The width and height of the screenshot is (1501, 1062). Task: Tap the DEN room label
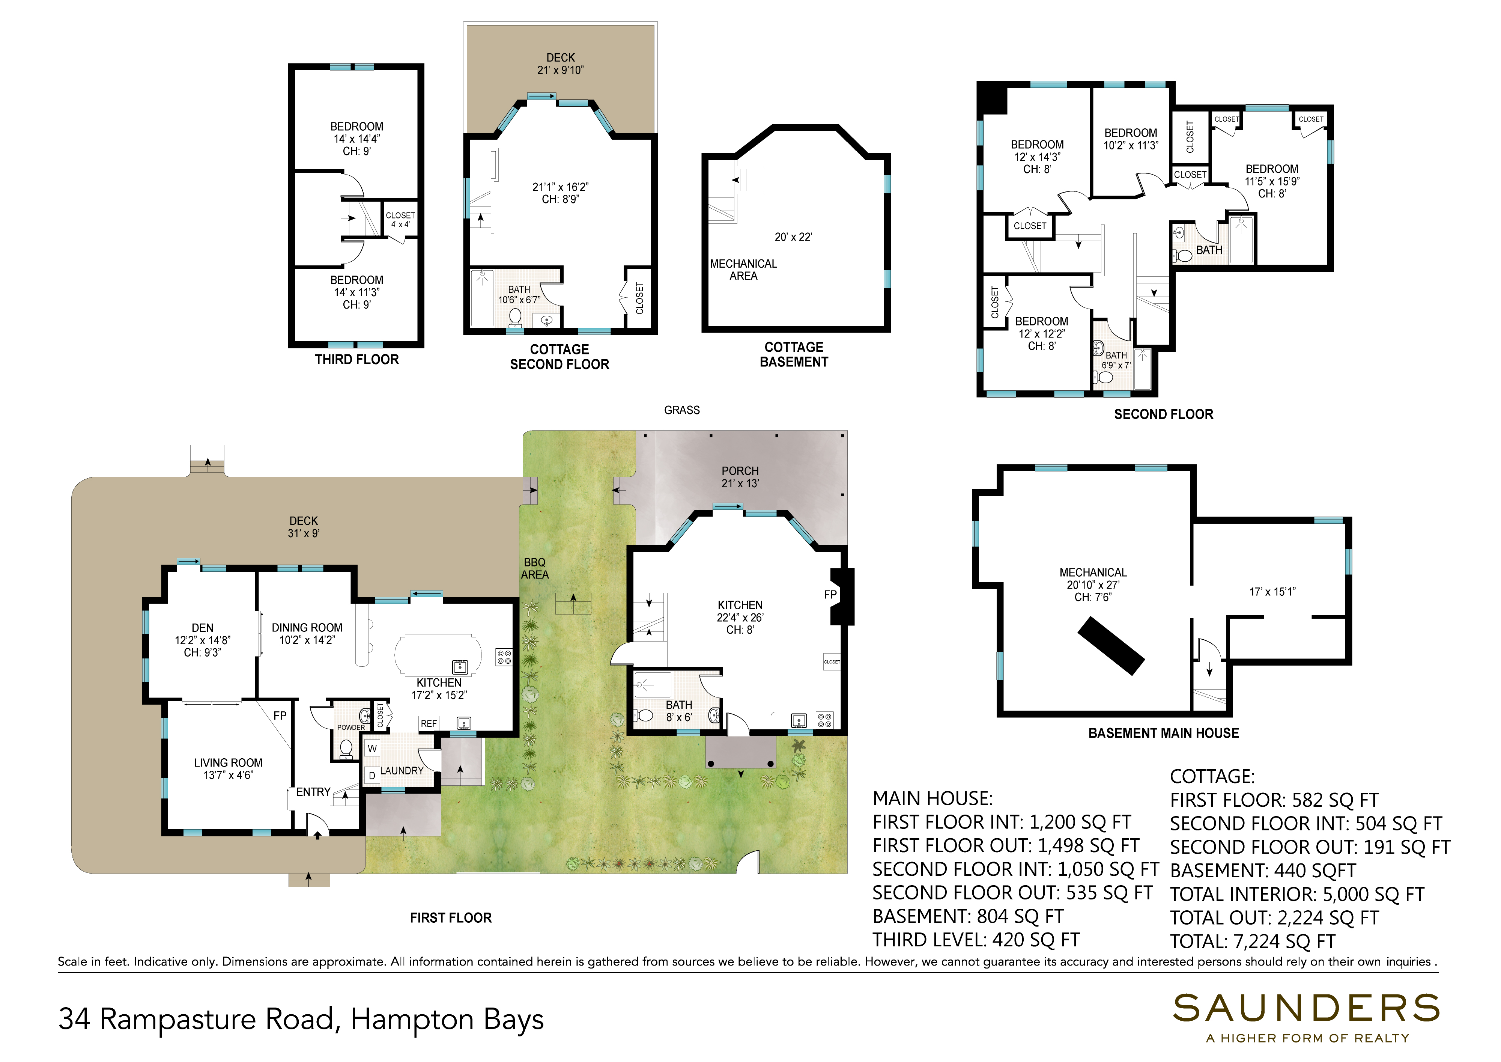pos(203,628)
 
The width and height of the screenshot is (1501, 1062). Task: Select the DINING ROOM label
pos(307,628)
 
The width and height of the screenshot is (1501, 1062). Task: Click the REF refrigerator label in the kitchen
pos(429,723)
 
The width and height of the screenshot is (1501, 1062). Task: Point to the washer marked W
pos(372,749)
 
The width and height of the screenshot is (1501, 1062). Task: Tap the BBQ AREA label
pos(535,568)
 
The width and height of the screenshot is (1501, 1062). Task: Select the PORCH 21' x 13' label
pos(740,477)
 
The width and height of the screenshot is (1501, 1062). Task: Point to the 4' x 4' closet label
pos(400,224)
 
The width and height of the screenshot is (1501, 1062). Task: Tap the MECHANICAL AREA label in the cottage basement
pos(743,270)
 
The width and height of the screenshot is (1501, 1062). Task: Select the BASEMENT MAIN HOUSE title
pos(1164,733)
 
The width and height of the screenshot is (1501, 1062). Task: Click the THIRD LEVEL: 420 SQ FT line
pos(976,940)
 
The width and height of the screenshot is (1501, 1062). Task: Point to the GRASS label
pos(682,410)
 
